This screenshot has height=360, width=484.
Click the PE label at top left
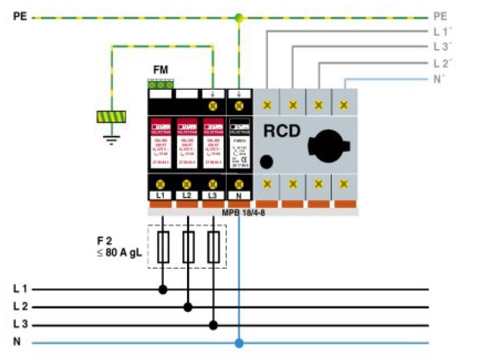click(x=19, y=17)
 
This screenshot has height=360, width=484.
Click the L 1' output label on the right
click(x=442, y=31)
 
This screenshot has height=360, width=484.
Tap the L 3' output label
click(x=442, y=47)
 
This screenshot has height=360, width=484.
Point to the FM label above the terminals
click(x=160, y=69)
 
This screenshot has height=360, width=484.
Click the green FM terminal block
click(x=161, y=85)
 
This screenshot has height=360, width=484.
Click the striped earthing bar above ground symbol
click(x=111, y=117)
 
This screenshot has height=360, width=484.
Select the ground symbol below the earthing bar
click(x=111, y=139)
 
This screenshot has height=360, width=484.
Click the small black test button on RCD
click(x=266, y=161)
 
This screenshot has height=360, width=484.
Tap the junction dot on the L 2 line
click(x=188, y=307)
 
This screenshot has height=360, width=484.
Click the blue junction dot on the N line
click(x=239, y=343)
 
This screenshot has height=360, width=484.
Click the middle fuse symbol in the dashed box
click(x=188, y=248)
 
